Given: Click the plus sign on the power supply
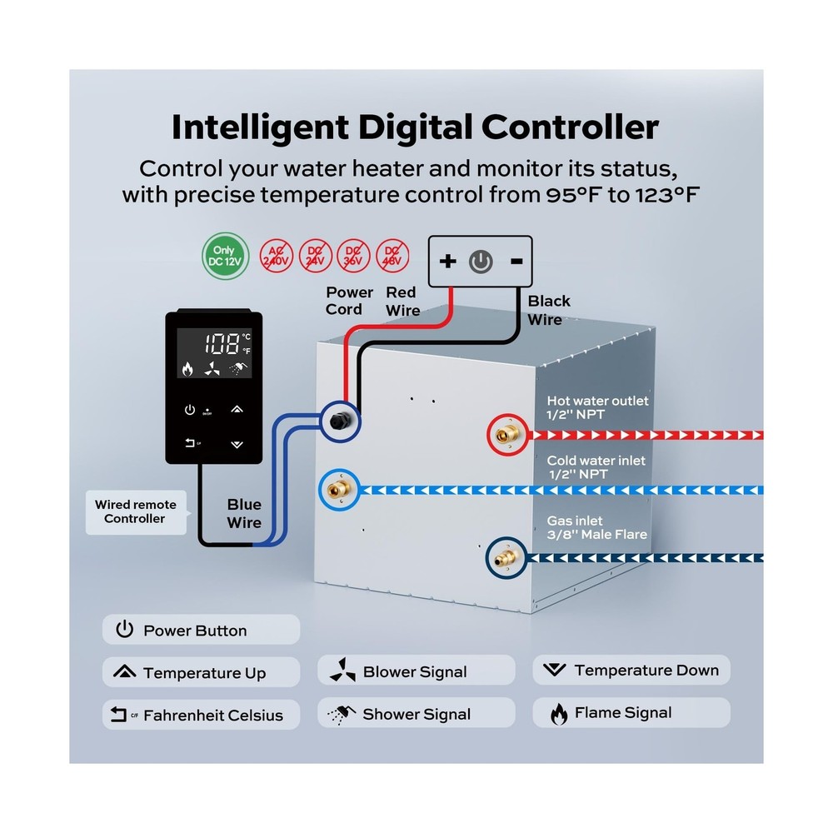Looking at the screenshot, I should point(448,262).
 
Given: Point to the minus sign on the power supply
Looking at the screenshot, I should point(516,262).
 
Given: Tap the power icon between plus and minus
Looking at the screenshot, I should point(481,262).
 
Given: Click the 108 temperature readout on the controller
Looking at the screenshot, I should point(205,342).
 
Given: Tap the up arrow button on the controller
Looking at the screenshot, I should point(237,409).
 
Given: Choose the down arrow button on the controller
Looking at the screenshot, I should point(237,444).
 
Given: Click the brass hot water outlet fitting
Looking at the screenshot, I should point(504,434).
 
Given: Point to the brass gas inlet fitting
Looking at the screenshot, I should point(504,555).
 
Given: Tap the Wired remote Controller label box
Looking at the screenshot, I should point(134,511).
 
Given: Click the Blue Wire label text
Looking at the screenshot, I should point(244,513).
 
